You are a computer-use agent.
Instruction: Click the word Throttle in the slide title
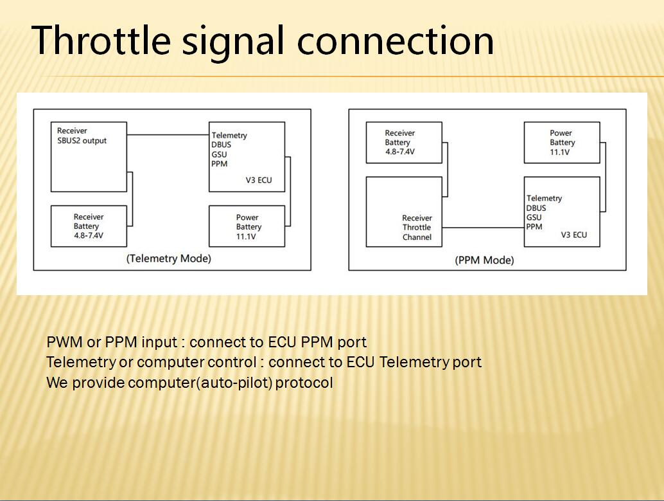(x=101, y=41)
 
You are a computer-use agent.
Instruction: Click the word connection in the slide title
(x=396, y=41)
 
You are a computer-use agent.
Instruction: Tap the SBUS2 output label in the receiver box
(x=82, y=140)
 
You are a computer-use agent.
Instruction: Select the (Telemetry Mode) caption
(x=168, y=259)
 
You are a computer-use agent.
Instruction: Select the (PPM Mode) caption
(x=484, y=260)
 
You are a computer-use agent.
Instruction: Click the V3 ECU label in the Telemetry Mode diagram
(x=259, y=180)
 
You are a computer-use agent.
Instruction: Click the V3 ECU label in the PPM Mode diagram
(x=574, y=235)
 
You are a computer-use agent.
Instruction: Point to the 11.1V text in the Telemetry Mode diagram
(x=246, y=236)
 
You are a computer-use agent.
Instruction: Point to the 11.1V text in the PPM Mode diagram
(x=560, y=152)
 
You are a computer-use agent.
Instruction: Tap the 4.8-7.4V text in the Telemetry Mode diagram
(x=89, y=235)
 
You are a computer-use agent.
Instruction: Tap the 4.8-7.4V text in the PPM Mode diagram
(x=400, y=151)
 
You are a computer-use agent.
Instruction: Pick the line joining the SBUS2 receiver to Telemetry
(x=168, y=135)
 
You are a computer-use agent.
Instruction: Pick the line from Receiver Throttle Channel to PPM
(x=483, y=228)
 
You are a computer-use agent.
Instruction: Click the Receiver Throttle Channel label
(x=417, y=228)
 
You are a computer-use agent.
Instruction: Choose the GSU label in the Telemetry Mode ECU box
(x=219, y=154)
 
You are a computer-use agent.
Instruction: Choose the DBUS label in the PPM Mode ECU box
(x=536, y=208)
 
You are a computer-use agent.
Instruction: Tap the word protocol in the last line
(x=304, y=383)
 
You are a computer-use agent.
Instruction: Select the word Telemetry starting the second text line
(x=81, y=362)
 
